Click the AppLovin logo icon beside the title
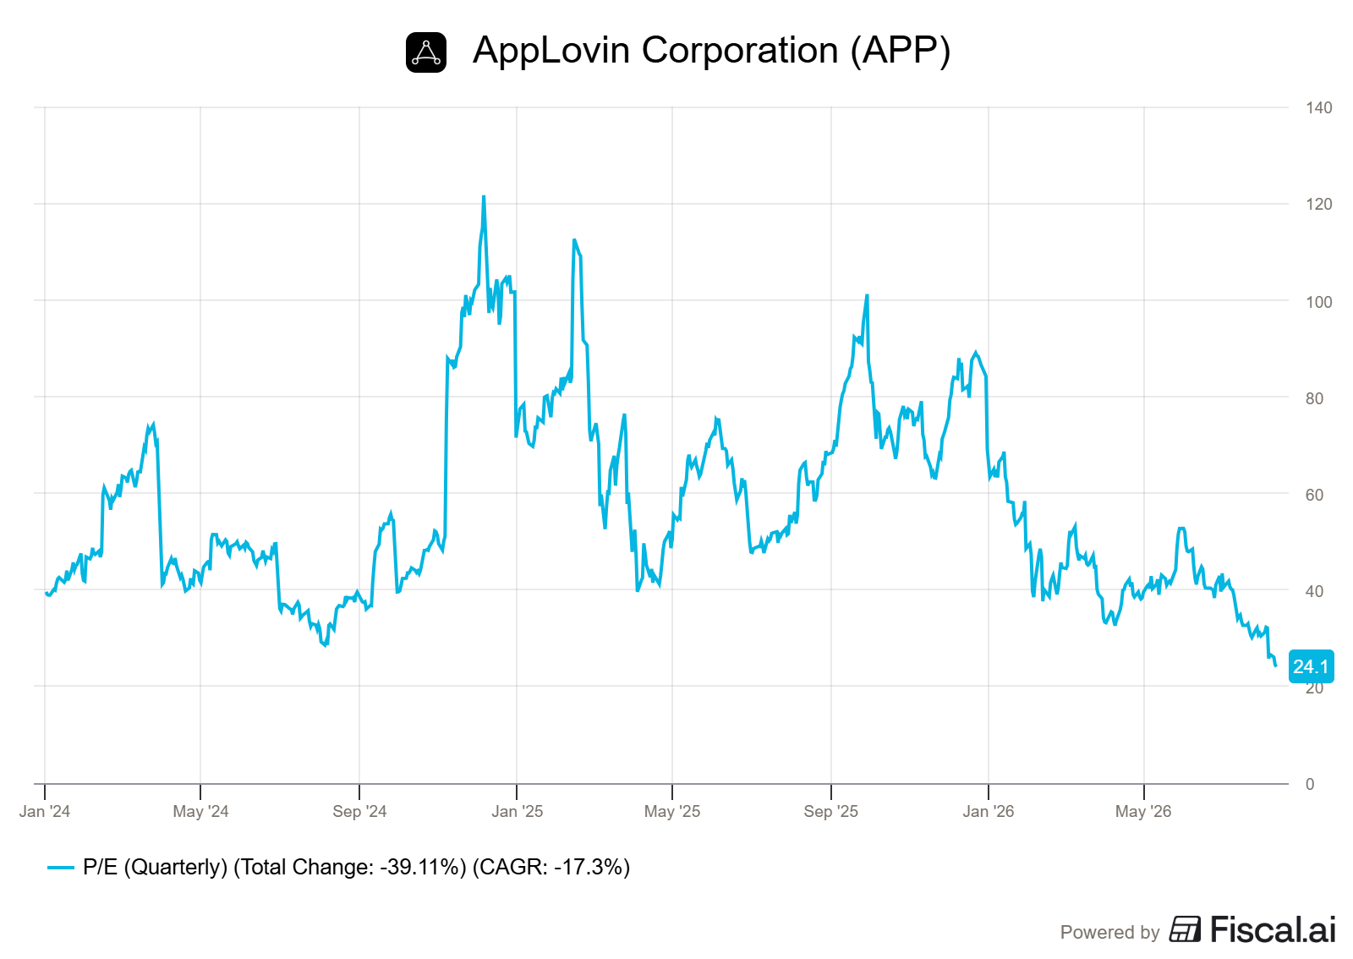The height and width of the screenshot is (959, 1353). (x=426, y=52)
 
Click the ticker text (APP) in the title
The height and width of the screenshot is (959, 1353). (x=900, y=50)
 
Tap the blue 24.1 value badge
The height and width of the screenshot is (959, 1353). (x=1311, y=666)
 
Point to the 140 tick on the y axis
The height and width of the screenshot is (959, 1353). (x=1318, y=107)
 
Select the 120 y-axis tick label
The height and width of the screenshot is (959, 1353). (x=1318, y=204)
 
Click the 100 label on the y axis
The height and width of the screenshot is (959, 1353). (x=1318, y=302)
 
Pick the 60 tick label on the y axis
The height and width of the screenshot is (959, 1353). (x=1314, y=495)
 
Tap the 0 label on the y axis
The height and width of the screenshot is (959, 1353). (x=1310, y=784)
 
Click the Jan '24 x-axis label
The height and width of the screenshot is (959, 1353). (x=45, y=811)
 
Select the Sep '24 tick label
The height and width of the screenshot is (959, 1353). (x=359, y=811)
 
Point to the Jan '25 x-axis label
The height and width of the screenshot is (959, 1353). (x=517, y=811)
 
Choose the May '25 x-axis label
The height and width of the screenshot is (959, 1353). (x=672, y=811)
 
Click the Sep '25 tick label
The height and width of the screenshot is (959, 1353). (x=830, y=811)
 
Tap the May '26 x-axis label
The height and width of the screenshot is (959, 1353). (x=1143, y=811)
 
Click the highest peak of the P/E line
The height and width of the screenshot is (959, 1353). (x=484, y=196)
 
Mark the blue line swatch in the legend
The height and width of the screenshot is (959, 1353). (x=60, y=868)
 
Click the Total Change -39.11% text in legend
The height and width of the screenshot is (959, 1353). (x=350, y=867)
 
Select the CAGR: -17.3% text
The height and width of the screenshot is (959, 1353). (x=551, y=867)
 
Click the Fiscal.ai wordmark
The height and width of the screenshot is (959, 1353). (x=1252, y=929)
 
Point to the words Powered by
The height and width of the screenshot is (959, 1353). (x=1110, y=933)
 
